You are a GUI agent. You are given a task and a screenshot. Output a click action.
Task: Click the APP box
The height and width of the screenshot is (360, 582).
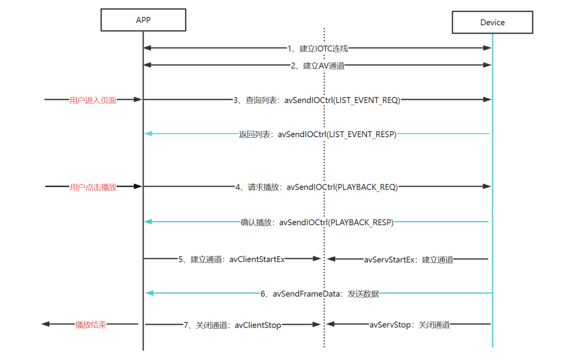coord(143,20)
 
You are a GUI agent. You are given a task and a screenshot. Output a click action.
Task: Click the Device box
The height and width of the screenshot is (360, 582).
coord(492,23)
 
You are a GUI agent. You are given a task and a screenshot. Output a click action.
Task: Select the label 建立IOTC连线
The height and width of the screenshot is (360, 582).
coord(323,49)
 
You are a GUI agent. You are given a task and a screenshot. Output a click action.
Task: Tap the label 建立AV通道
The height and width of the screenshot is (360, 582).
coord(323,66)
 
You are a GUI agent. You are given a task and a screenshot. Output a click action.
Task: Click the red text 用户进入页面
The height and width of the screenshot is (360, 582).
coord(93,100)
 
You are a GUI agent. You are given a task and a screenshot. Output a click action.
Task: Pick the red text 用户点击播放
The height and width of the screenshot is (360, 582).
coord(93,187)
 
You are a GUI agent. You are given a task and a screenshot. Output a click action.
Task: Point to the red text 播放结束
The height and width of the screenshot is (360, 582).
coord(90,325)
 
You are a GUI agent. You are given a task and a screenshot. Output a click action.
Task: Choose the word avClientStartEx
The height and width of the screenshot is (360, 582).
coord(257,259)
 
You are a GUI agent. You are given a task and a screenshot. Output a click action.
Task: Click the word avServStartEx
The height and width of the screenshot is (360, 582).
coord(389,259)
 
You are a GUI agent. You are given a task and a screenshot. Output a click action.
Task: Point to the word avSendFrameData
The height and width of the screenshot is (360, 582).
coord(306,294)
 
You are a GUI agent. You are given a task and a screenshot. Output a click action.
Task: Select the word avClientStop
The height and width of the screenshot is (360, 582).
coord(258,325)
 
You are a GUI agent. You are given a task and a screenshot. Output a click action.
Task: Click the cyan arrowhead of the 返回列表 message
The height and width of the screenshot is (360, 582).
coord(148,134)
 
